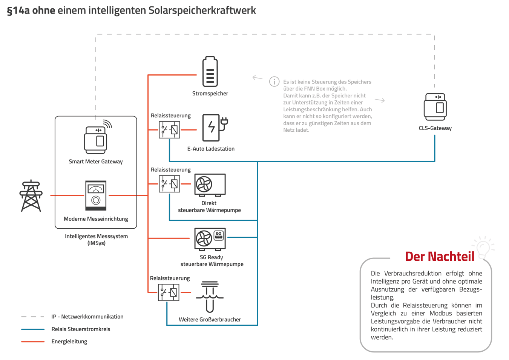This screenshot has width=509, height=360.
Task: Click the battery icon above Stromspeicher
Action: pos(210,72)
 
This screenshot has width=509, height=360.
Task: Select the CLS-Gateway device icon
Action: pos(435,107)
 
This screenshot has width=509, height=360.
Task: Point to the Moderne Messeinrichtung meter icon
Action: pos(96,195)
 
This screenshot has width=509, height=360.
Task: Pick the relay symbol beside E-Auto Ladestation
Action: pos(169,130)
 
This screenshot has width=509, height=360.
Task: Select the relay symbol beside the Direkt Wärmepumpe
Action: pos(169,184)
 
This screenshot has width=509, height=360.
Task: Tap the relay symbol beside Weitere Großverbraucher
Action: pos(169,292)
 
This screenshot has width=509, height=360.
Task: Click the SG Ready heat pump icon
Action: pos(210,239)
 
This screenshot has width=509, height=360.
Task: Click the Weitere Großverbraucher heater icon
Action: pos(210,297)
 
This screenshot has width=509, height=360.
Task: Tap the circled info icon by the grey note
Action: pos(274,82)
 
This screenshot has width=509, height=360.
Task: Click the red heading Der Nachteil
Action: pos(439,257)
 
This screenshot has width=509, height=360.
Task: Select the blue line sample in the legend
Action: pos(33,329)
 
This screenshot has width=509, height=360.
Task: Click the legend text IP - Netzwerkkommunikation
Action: pos(87,317)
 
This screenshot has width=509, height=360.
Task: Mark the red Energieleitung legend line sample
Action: pos(33,342)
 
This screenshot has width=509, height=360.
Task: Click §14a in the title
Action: pos(18,11)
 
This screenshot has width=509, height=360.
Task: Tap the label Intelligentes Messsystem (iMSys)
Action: pos(96,240)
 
